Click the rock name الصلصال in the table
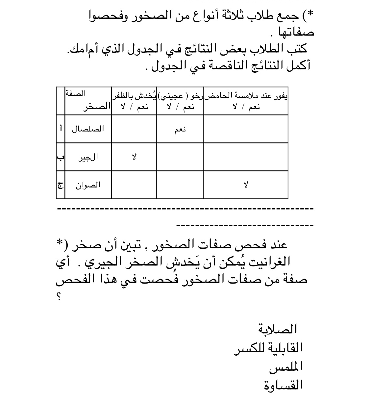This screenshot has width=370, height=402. (x=88, y=129)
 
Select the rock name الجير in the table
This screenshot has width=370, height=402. (x=88, y=157)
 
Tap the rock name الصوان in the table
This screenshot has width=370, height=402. (x=88, y=185)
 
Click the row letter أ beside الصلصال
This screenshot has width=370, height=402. (x=61, y=129)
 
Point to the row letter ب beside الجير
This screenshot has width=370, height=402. (x=61, y=157)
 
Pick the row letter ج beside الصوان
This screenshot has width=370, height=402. (x=61, y=185)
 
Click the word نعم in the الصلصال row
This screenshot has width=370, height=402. (x=180, y=129)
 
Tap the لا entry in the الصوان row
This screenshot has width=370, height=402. (x=246, y=185)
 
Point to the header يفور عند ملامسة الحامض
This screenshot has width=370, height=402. (x=246, y=96)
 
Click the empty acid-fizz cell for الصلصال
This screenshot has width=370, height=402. (x=246, y=129)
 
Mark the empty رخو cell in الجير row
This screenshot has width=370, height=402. (x=180, y=157)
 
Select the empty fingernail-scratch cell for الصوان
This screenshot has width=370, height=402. (x=134, y=185)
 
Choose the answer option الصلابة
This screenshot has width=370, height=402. (x=278, y=329)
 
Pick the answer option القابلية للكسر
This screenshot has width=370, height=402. (x=268, y=348)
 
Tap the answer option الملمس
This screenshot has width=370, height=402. (x=286, y=367)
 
